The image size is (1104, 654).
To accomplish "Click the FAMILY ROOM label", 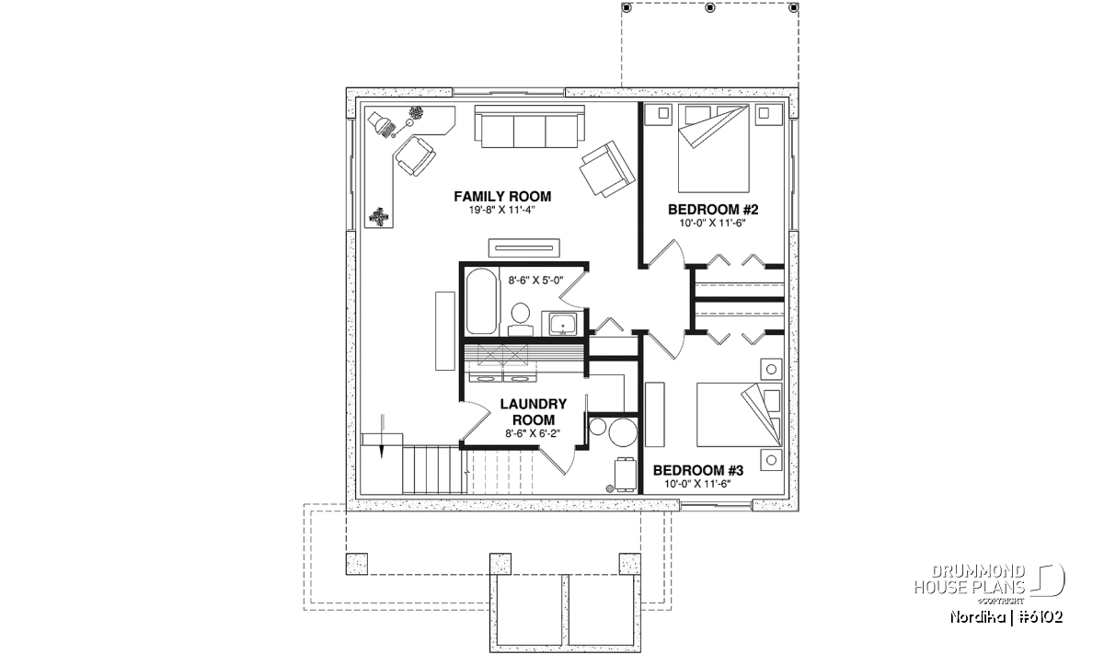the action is (502, 197).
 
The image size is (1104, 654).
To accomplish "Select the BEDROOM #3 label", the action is (698, 471).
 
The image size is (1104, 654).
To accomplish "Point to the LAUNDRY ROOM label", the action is (534, 412).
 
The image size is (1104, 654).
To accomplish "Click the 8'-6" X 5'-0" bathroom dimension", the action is (535, 281).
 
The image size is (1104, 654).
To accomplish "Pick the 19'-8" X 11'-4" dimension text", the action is (502, 210).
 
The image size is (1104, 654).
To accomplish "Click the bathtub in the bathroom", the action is (481, 301).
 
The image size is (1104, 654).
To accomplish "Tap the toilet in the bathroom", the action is (521, 319).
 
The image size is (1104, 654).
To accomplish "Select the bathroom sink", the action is (563, 324).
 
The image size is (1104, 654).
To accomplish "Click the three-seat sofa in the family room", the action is (529, 126).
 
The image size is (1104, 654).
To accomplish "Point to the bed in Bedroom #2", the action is (714, 148).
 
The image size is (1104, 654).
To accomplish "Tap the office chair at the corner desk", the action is (416, 155).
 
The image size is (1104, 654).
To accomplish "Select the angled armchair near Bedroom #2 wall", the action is (607, 169).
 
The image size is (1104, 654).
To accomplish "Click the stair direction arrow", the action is (382, 437).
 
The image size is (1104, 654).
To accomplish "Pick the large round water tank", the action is (623, 432).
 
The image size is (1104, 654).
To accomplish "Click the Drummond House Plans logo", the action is (990, 582).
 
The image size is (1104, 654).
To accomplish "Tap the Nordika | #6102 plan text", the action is (1006, 617).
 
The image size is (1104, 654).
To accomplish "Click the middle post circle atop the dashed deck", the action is (710, 8).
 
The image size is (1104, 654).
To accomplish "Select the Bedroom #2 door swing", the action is (666, 254).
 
